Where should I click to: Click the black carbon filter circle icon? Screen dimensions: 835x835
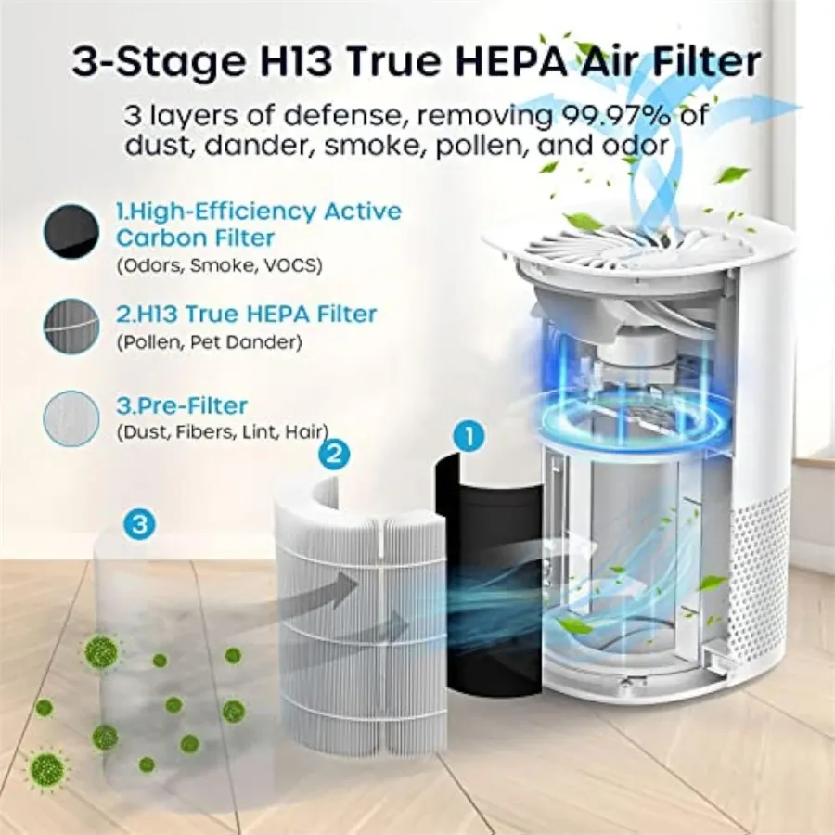click(71, 233)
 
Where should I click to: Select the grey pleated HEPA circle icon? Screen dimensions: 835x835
click(71, 327)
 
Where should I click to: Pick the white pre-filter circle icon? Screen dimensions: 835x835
click(71, 418)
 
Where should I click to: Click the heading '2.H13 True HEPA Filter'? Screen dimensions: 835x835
click(247, 314)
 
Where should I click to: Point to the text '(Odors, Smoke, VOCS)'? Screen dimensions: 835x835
click(219, 265)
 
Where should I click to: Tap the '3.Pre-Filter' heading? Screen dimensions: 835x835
click(182, 405)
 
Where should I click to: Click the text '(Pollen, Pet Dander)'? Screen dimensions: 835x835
click(210, 341)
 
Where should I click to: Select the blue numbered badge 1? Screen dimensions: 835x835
click(469, 437)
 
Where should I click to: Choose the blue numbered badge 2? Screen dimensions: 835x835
click(334, 455)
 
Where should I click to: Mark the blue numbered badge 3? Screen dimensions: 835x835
click(139, 524)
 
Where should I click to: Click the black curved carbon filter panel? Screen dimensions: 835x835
click(488, 575)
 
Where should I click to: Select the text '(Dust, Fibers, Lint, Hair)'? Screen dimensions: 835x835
click(222, 431)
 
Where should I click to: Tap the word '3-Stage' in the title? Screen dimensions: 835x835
click(157, 62)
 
